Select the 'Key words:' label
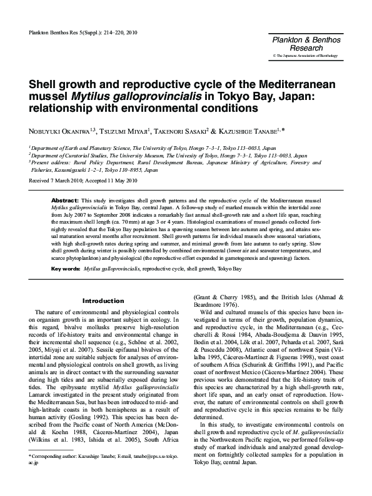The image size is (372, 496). [x=65, y=269]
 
